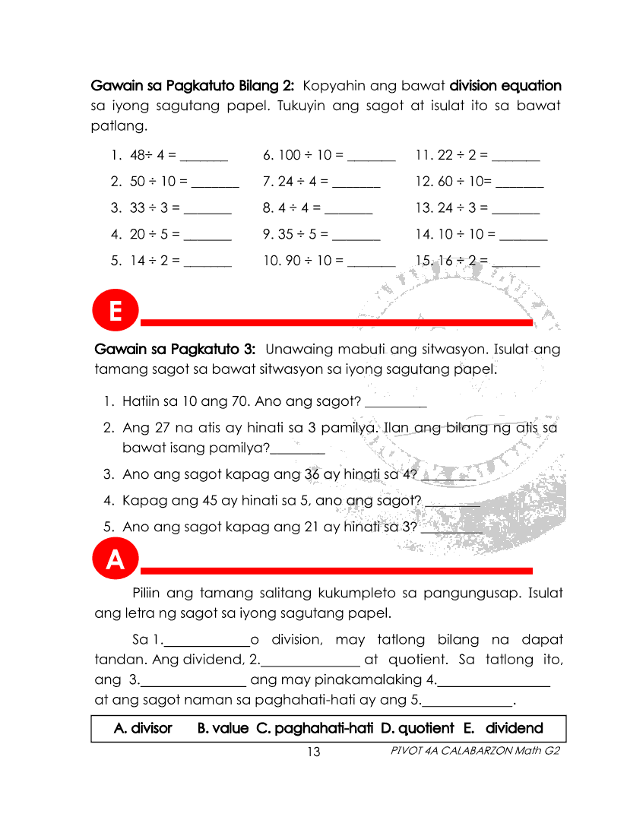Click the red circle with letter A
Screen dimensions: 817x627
(116, 560)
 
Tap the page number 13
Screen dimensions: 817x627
(313, 752)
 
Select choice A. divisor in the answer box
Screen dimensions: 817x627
(143, 729)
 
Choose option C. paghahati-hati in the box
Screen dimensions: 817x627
(315, 729)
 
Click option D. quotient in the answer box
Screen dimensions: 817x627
(417, 729)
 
